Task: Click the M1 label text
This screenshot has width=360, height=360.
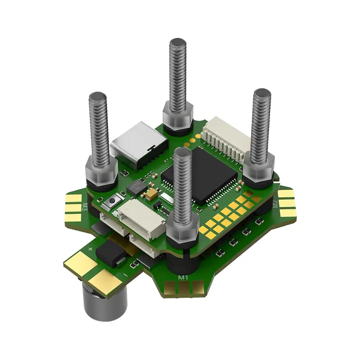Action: [x=183, y=278]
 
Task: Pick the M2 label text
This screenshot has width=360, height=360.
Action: [x=274, y=205]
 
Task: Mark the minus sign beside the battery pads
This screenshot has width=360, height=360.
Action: [x=125, y=274]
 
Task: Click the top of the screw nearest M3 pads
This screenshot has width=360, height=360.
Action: [x=97, y=96]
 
